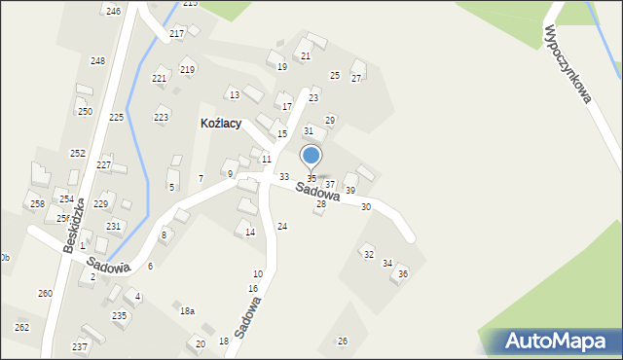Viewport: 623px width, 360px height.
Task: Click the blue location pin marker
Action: click(311, 156)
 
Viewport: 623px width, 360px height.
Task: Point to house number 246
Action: click(114, 11)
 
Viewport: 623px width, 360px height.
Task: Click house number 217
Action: click(176, 34)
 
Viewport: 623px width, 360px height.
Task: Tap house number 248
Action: click(97, 60)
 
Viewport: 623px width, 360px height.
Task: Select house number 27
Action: click(356, 78)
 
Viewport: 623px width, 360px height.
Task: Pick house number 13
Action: click(234, 94)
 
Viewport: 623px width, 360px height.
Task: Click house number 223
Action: click(161, 117)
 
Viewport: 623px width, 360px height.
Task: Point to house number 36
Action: click(403, 273)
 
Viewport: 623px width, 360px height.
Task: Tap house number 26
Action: click(342, 341)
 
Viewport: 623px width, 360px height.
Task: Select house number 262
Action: click(21, 327)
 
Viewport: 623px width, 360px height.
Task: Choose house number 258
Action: click(37, 203)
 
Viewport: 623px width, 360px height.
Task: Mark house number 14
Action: click(250, 232)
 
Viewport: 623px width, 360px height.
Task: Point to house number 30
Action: click(366, 206)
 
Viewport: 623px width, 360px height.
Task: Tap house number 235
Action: click(119, 315)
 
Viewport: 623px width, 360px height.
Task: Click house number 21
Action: click(306, 56)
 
